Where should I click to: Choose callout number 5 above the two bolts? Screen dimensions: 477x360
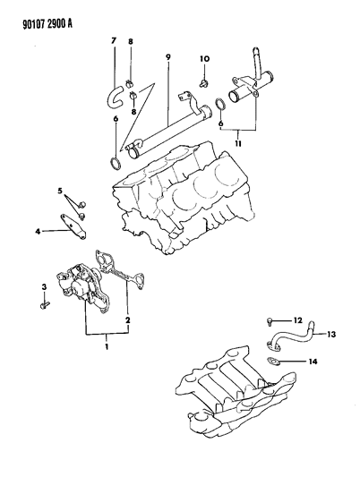pyautogui.click(x=60, y=192)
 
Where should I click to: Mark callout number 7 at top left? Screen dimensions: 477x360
pyautogui.click(x=114, y=41)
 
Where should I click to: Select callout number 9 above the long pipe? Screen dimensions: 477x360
pyautogui.click(x=167, y=58)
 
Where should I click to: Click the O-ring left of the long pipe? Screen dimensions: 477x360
pyautogui.click(x=114, y=163)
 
